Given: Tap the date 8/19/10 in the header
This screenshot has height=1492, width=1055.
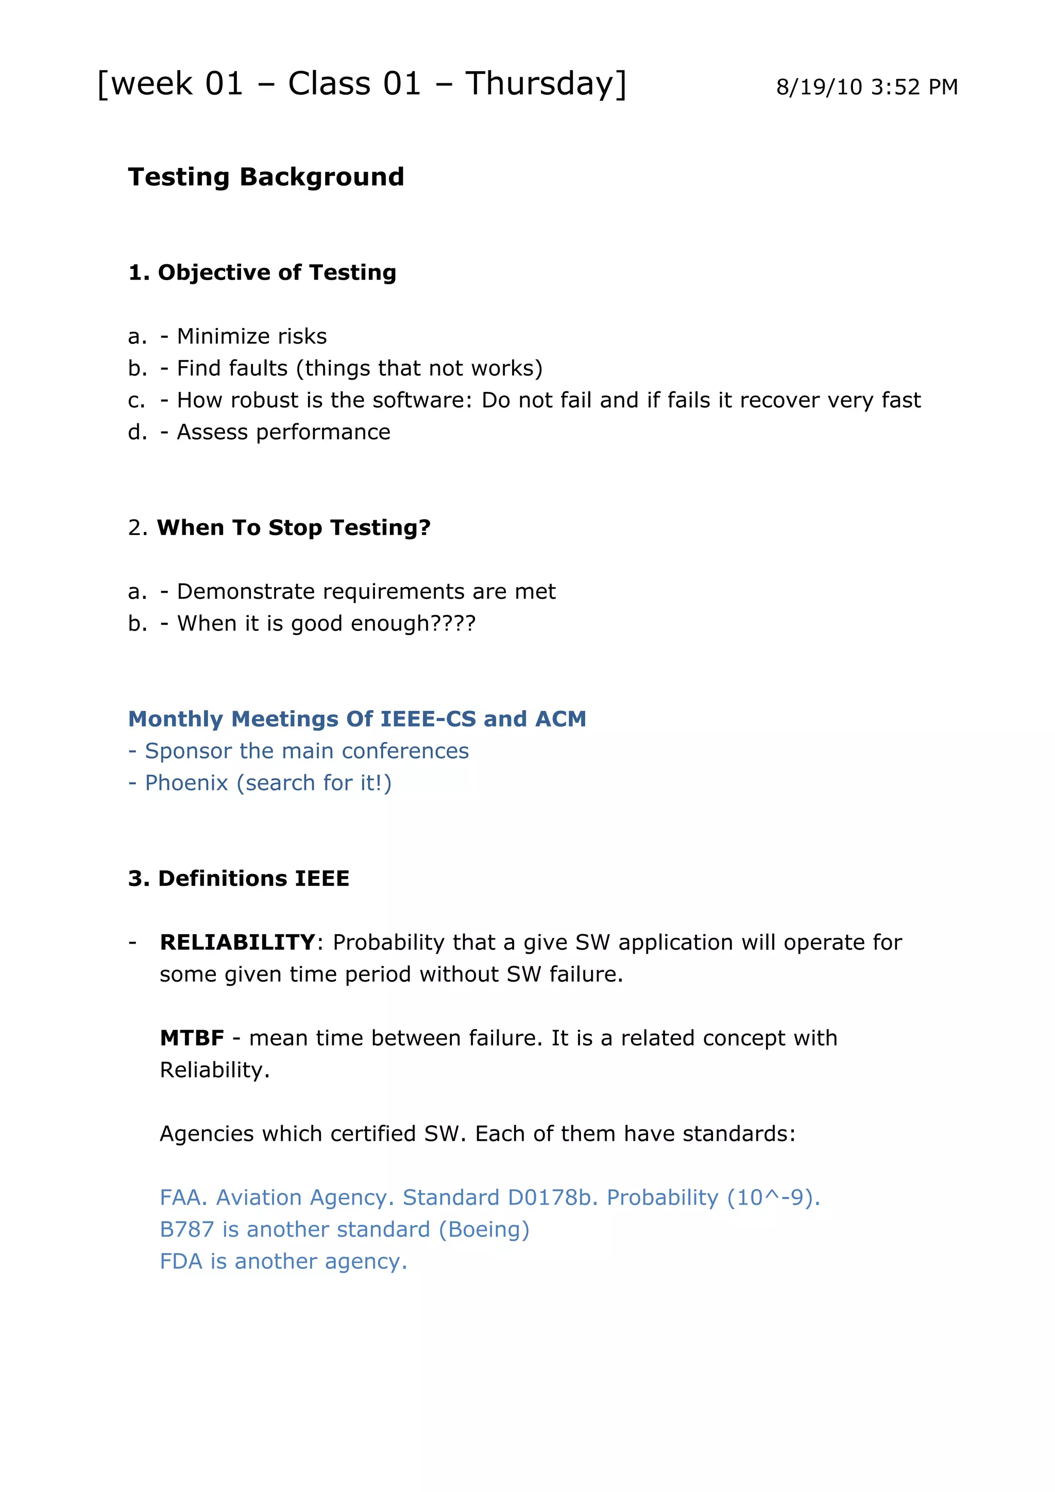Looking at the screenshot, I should pos(819,87).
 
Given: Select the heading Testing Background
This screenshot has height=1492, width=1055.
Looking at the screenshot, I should pos(266,177).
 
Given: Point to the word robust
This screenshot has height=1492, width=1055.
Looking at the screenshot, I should pos(264,400).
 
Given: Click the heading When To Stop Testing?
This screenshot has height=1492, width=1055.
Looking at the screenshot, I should pos(294,528).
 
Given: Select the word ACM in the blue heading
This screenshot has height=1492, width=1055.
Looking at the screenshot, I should pos(560,719).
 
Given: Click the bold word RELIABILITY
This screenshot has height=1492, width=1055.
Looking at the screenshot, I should pos(238,942).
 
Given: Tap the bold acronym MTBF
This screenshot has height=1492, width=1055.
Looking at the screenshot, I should pos(192,1038).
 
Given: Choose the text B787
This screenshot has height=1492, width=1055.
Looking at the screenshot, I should pos(186,1229).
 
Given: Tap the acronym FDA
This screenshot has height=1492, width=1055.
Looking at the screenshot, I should pos(181,1261).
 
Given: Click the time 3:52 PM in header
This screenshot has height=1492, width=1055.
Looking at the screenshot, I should pos(914,87).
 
